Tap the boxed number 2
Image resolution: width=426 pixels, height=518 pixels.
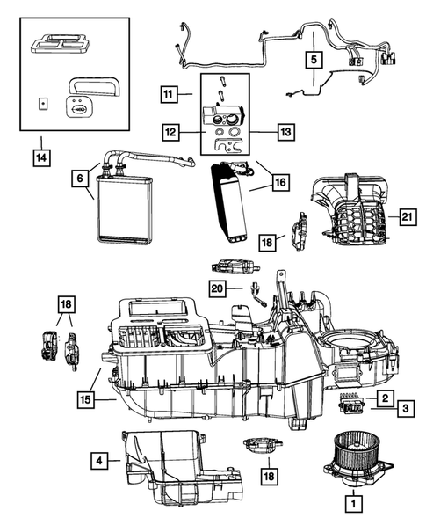pos(386,398)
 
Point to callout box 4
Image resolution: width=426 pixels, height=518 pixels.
pos(101,458)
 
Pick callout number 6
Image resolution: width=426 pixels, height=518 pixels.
pos(80,178)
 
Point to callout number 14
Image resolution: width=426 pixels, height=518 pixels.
pos(40,158)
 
